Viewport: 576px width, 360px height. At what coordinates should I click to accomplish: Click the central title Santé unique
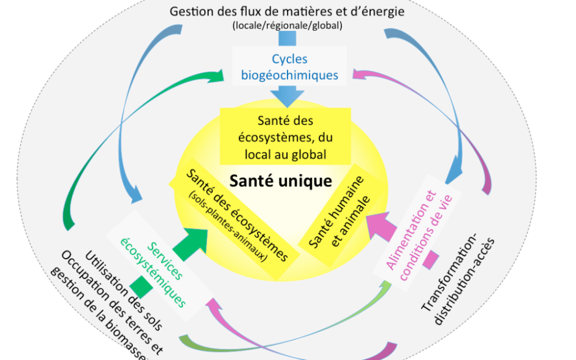[x=281, y=181]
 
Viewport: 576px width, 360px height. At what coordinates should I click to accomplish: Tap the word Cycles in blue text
[x=290, y=58]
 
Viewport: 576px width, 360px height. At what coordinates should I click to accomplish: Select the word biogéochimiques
[x=290, y=75]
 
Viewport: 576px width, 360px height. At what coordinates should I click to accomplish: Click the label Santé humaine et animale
[x=339, y=212]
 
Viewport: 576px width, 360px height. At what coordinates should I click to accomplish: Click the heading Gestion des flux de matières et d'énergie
[x=287, y=11]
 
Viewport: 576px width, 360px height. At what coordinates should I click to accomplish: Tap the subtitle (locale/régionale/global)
[x=287, y=25]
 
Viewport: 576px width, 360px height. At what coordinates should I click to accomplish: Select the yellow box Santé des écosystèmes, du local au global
[x=285, y=136]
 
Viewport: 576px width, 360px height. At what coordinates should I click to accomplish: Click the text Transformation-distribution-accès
[x=458, y=278]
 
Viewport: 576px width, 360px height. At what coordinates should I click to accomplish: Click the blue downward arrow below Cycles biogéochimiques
[x=287, y=96]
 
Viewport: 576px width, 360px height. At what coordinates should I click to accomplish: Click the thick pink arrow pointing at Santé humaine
[x=380, y=226]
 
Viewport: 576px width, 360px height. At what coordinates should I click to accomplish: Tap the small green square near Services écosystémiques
[x=141, y=287]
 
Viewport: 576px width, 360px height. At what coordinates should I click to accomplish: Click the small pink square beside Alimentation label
[x=430, y=259]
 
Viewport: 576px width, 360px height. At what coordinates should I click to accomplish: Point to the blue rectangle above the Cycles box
[x=287, y=39]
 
